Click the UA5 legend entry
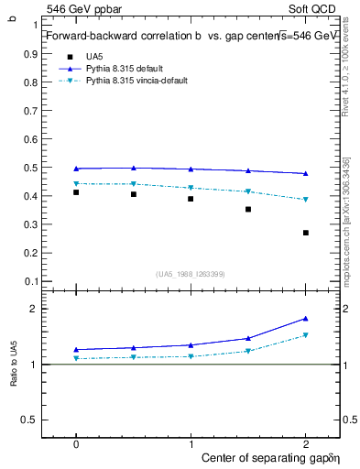(93, 57)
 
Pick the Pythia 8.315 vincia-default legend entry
(136, 81)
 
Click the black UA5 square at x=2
(306, 233)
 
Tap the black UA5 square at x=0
(76, 192)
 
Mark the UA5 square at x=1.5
(248, 210)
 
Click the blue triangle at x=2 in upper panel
(306, 173)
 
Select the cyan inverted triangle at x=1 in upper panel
(191, 188)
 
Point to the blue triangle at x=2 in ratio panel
(306, 319)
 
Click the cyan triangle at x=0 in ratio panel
(76, 358)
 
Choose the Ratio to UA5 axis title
(13, 365)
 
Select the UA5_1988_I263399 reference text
(191, 274)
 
